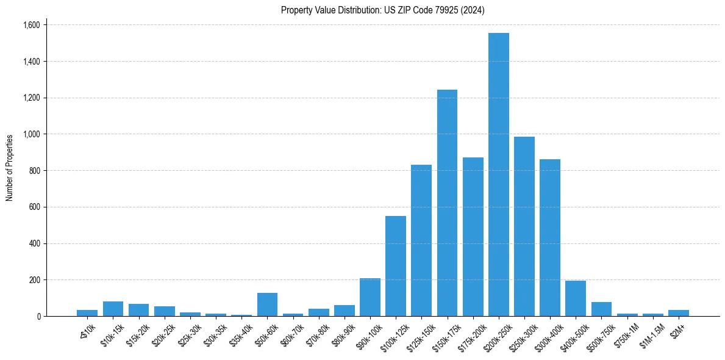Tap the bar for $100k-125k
[x=396, y=266]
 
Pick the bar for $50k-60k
[x=267, y=304]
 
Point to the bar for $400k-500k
[x=576, y=298]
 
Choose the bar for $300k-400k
[x=550, y=238]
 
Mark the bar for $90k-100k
[x=370, y=297]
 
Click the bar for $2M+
[x=678, y=313]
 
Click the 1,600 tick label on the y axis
[x=31, y=25]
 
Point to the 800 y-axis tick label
[x=35, y=171]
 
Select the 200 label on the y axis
[x=35, y=280]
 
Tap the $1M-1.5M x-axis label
[x=651, y=333]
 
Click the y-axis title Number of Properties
[x=10, y=167]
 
